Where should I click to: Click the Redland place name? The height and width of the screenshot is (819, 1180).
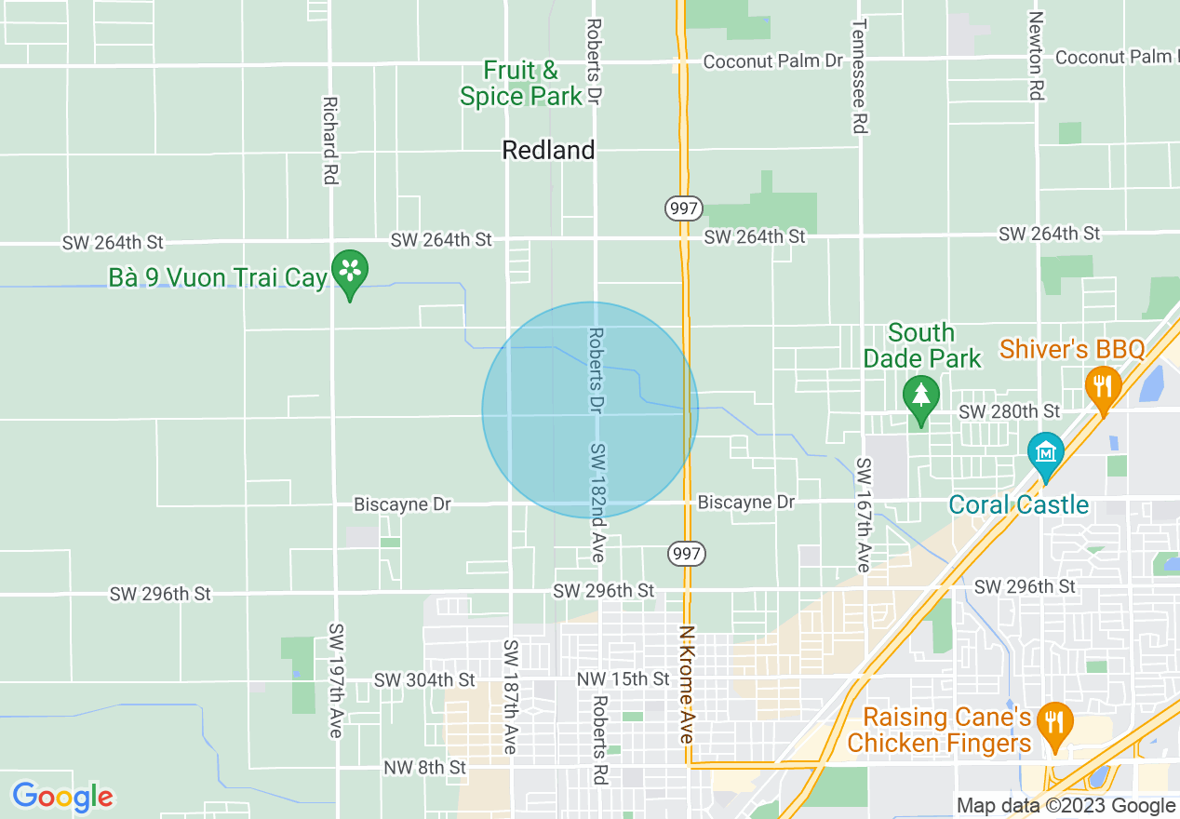(548, 150)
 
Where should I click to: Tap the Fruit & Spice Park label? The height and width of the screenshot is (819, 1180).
(521, 83)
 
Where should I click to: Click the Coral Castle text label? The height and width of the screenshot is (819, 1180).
(1018, 504)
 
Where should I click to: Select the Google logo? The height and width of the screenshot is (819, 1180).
(62, 797)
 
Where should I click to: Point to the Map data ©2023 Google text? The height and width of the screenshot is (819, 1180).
(1066, 806)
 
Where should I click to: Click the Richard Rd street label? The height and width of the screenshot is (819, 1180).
(329, 140)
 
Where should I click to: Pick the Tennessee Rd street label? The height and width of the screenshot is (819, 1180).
(860, 76)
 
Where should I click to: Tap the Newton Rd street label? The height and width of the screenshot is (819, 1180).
(1035, 56)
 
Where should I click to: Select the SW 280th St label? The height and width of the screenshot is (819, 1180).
(1009, 411)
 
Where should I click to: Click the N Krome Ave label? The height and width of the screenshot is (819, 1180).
(687, 683)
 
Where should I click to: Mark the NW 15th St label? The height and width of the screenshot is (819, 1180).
(623, 679)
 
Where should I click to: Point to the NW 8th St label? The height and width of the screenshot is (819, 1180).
(424, 768)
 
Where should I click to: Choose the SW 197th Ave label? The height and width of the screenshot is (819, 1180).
(335, 680)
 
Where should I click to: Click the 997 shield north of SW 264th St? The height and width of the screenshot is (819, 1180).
(684, 208)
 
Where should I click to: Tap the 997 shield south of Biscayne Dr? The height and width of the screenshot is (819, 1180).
(687, 554)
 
